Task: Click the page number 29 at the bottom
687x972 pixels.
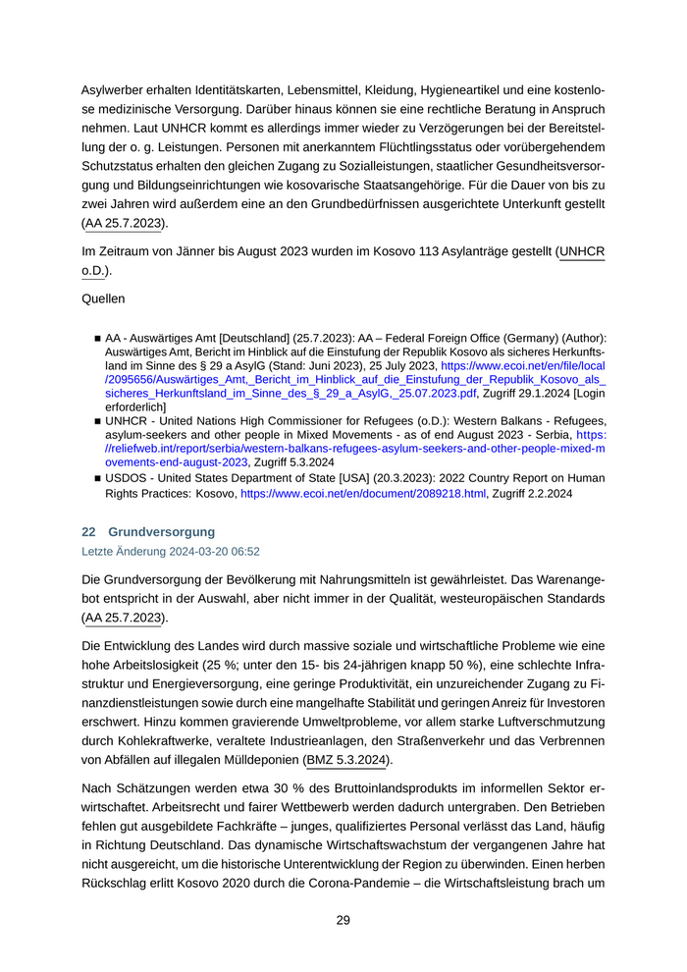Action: point(343,920)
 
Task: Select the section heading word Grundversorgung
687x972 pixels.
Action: point(161,532)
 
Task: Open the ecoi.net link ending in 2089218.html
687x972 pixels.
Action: point(363,494)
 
